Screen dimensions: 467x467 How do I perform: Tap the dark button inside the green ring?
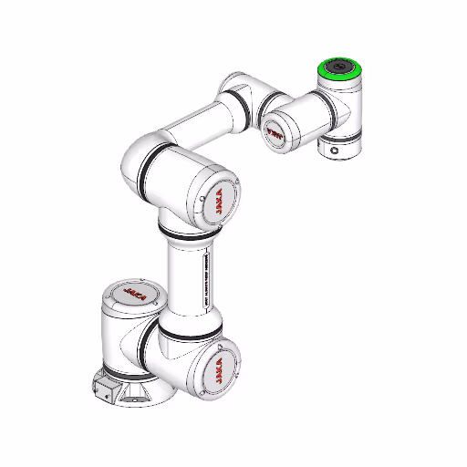(338, 67)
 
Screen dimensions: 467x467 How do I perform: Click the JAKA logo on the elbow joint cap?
(222, 202)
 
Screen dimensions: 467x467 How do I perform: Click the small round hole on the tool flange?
(335, 150)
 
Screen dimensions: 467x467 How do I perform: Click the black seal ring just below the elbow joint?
(186, 229)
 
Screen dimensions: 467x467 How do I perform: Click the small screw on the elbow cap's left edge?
(200, 199)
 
